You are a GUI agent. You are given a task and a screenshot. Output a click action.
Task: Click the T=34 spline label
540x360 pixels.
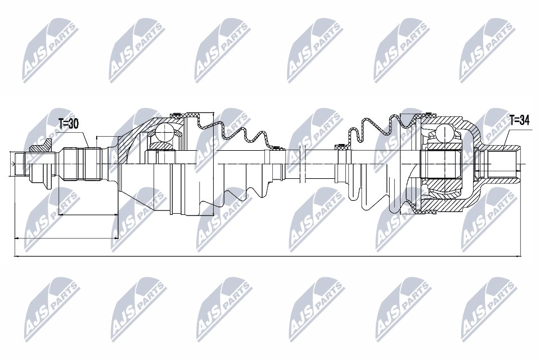[519, 119]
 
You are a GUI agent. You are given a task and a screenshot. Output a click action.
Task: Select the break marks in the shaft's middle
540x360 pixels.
[299, 163]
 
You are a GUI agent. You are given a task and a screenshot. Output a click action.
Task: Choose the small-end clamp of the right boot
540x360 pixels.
[340, 147]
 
